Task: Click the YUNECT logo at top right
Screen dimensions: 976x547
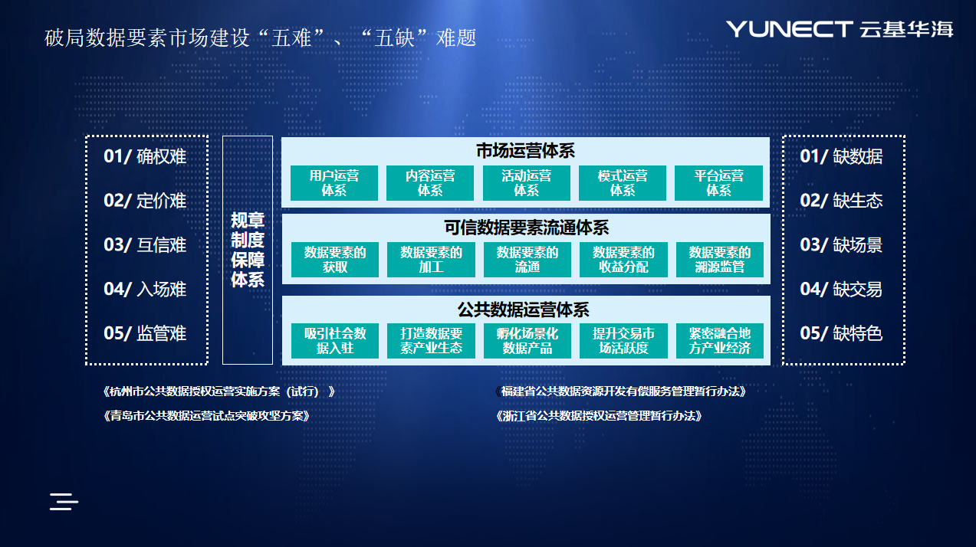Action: [x=840, y=29]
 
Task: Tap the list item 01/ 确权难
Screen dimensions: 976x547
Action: [x=145, y=156]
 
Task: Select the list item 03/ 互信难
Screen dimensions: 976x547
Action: [x=145, y=244]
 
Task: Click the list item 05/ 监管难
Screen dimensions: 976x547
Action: [x=145, y=333]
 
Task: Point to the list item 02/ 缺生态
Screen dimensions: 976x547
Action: [x=841, y=200]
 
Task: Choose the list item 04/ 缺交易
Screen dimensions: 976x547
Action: [x=841, y=289]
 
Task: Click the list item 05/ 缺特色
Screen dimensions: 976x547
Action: [x=841, y=333]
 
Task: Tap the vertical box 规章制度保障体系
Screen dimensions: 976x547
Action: [x=248, y=250]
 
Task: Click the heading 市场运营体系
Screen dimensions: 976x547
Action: [x=525, y=151]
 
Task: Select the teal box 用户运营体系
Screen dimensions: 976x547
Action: [x=334, y=183]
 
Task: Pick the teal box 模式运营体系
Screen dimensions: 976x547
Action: [x=623, y=183]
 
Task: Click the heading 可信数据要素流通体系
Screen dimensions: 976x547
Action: [x=526, y=228]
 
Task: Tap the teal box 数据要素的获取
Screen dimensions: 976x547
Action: [x=334, y=260]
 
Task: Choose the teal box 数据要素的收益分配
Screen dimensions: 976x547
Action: [x=623, y=260]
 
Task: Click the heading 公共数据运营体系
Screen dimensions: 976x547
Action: [x=524, y=310]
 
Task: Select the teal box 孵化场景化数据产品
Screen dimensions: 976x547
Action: [x=527, y=341]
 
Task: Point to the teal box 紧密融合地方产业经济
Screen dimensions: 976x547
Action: [x=720, y=341]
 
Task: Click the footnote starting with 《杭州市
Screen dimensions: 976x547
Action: [x=219, y=391]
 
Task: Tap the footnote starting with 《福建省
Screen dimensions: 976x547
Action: [x=621, y=391]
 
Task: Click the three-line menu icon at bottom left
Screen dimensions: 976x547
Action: [x=64, y=502]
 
